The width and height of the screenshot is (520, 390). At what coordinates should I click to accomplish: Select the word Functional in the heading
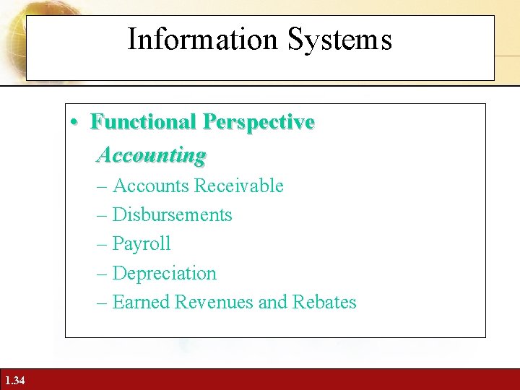[x=144, y=123]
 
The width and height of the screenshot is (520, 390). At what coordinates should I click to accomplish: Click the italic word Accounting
[x=152, y=155]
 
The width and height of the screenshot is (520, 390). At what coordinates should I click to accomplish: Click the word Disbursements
[x=173, y=214]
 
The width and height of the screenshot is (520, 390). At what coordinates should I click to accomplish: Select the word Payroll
[x=142, y=244]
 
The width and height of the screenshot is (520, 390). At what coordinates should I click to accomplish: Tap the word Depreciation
[x=165, y=273]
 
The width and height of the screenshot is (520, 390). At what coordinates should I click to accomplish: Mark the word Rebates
[x=324, y=302]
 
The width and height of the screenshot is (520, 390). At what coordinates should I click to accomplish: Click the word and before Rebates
[x=273, y=302]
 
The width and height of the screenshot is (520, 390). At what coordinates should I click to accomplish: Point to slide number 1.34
[x=14, y=381]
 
